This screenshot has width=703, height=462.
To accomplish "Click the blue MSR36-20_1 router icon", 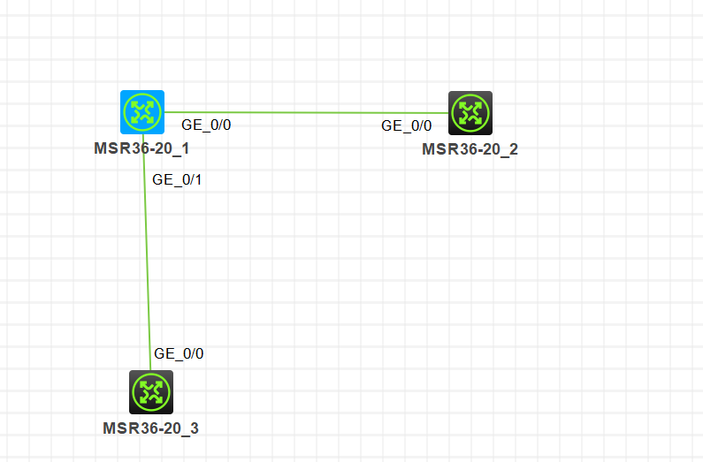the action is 142,112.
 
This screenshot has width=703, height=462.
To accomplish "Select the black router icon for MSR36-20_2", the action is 470,113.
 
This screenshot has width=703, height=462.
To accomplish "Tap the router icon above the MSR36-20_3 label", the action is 151,392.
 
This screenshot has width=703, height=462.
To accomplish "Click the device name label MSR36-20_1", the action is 141,148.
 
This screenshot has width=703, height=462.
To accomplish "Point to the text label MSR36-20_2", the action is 470,149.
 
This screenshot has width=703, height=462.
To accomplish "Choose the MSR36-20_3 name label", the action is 150,428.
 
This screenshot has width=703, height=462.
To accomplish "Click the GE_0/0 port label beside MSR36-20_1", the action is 206,125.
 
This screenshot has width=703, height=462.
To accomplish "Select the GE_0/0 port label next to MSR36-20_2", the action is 407,125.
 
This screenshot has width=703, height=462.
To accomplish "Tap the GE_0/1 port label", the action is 177,179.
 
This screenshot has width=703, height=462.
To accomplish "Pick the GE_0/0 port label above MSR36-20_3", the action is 179,353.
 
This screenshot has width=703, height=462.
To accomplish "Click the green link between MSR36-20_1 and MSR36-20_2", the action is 306,112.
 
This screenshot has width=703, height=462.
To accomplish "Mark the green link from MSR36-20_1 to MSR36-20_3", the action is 147,252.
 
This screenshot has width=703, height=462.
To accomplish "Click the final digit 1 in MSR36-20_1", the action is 186,148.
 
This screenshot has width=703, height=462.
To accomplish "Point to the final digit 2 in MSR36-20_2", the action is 514,149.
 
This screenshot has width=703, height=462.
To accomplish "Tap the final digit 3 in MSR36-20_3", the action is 195,428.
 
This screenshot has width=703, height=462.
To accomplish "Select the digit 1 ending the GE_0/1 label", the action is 198,179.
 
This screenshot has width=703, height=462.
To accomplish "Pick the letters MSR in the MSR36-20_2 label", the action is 439,149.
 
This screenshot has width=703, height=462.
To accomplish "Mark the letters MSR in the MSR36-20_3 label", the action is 119,428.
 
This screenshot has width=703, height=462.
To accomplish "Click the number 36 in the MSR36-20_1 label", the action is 135,148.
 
